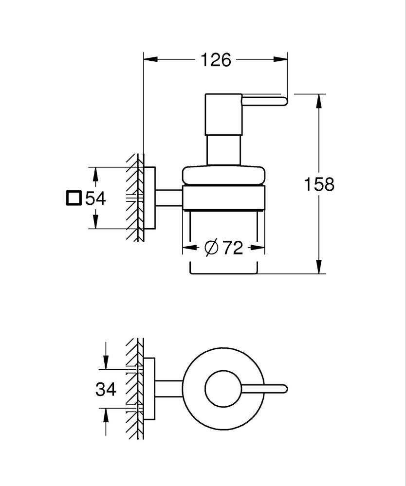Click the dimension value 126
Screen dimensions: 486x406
[x=216, y=60]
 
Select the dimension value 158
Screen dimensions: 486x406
[x=319, y=185]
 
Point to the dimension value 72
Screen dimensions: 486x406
[x=233, y=248]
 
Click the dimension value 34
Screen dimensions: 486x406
[x=106, y=389]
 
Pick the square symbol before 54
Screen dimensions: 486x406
[x=74, y=198]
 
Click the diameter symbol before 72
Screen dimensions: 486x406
[x=211, y=248]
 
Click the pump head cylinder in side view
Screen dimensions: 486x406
[x=223, y=114]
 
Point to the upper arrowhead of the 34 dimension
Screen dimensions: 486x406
[x=106, y=362]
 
